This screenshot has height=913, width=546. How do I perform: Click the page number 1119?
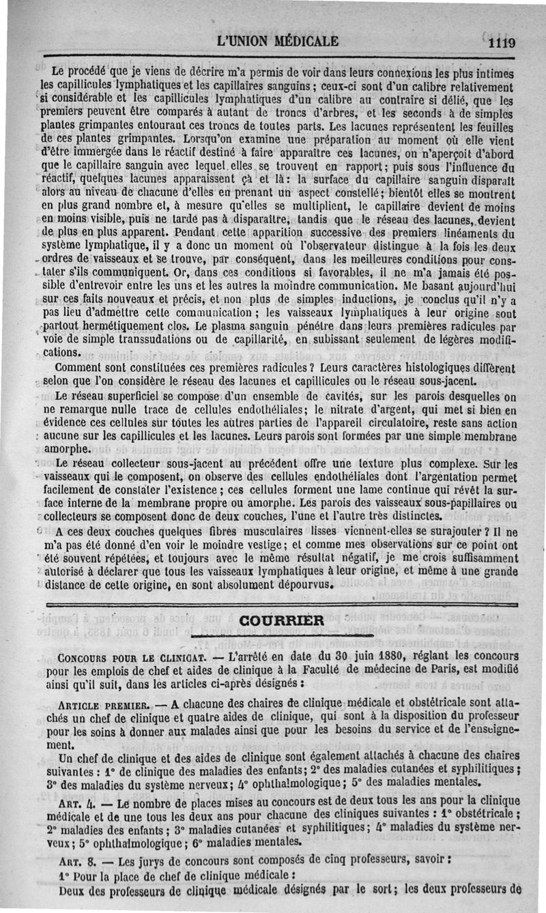[501, 42]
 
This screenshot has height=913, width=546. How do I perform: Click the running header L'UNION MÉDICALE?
[277, 40]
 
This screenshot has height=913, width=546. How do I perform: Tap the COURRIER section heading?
[282, 620]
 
